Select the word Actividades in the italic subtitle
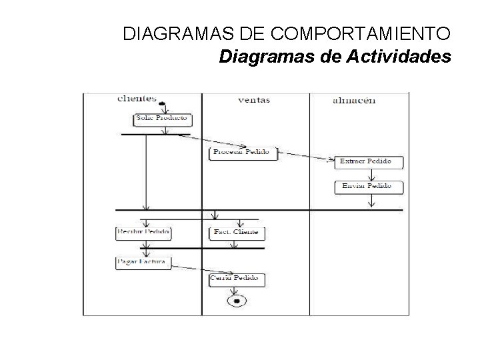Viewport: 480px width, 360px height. (399, 57)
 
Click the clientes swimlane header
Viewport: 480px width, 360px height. (136, 99)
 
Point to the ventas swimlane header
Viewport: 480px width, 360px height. (254, 101)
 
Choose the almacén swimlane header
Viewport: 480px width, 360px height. (353, 101)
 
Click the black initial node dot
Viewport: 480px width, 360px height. (162, 103)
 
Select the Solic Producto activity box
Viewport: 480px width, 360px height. (163, 120)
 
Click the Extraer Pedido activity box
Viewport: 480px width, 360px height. (365, 161)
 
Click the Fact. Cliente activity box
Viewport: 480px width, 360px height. (237, 233)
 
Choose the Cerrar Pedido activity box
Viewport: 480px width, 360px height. (237, 279)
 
